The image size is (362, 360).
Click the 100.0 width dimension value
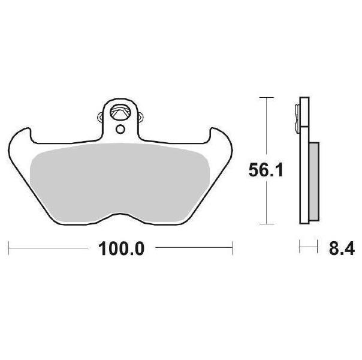(x=121, y=248)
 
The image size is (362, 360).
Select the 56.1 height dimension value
(x=266, y=170)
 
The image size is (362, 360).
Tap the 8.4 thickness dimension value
(x=342, y=248)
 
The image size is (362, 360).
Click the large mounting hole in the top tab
(x=119, y=112)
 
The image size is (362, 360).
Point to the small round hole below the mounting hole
(x=120, y=129)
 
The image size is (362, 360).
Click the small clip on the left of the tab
(x=101, y=116)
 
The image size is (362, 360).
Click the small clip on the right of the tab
(x=140, y=116)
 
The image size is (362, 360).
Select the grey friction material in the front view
(x=120, y=182)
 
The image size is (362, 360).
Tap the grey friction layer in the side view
(x=314, y=182)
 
